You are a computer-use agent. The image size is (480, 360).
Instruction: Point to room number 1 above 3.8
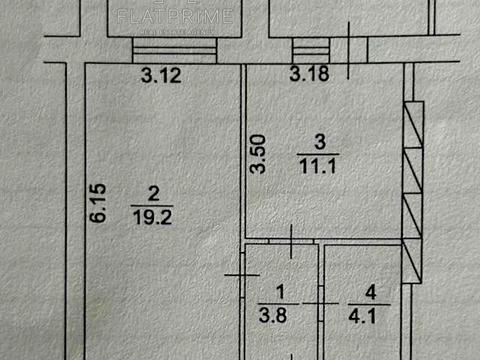tap(279, 292)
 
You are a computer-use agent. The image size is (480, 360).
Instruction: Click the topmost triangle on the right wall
tap(413, 123)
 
